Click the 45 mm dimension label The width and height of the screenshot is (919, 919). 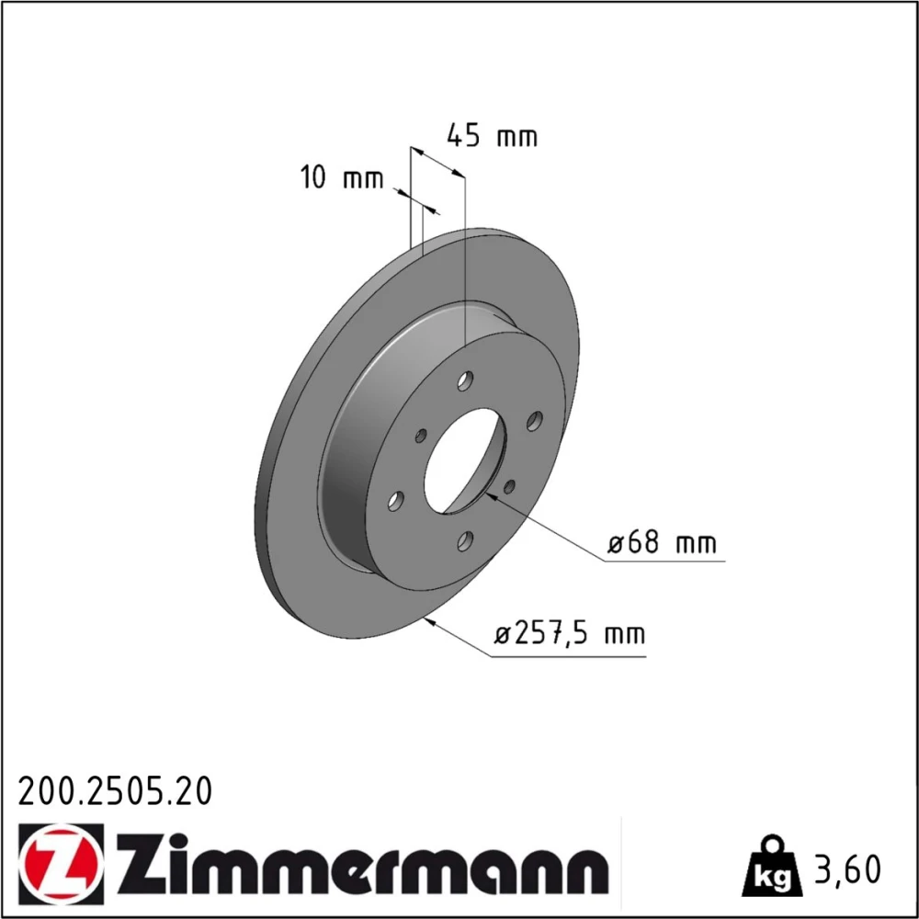point(492,135)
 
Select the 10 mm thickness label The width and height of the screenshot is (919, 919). point(342,177)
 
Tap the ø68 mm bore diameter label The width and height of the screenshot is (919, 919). point(662,543)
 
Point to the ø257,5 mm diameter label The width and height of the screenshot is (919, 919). point(569,633)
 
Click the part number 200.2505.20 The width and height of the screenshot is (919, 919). point(115,792)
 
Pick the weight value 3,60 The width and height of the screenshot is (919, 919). point(847,869)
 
